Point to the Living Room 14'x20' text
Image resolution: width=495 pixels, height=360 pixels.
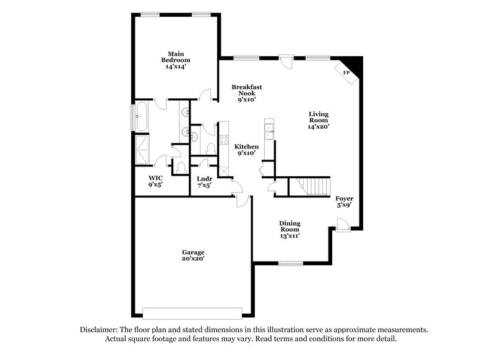click(x=319, y=120)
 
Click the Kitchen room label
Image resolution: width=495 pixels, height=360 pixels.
click(x=246, y=150)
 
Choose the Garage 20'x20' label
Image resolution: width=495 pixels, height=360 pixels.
click(x=193, y=255)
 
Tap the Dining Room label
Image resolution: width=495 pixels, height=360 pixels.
click(x=290, y=228)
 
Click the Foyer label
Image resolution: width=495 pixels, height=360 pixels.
click(x=345, y=202)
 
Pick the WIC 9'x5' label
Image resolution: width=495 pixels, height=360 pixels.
click(x=155, y=181)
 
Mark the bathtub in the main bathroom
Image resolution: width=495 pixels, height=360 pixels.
click(x=140, y=116)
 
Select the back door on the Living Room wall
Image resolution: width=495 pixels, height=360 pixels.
click(x=286, y=61)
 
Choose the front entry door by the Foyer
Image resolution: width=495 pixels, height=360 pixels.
click(x=342, y=230)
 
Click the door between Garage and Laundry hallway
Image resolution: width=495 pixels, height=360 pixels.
click(x=242, y=199)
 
